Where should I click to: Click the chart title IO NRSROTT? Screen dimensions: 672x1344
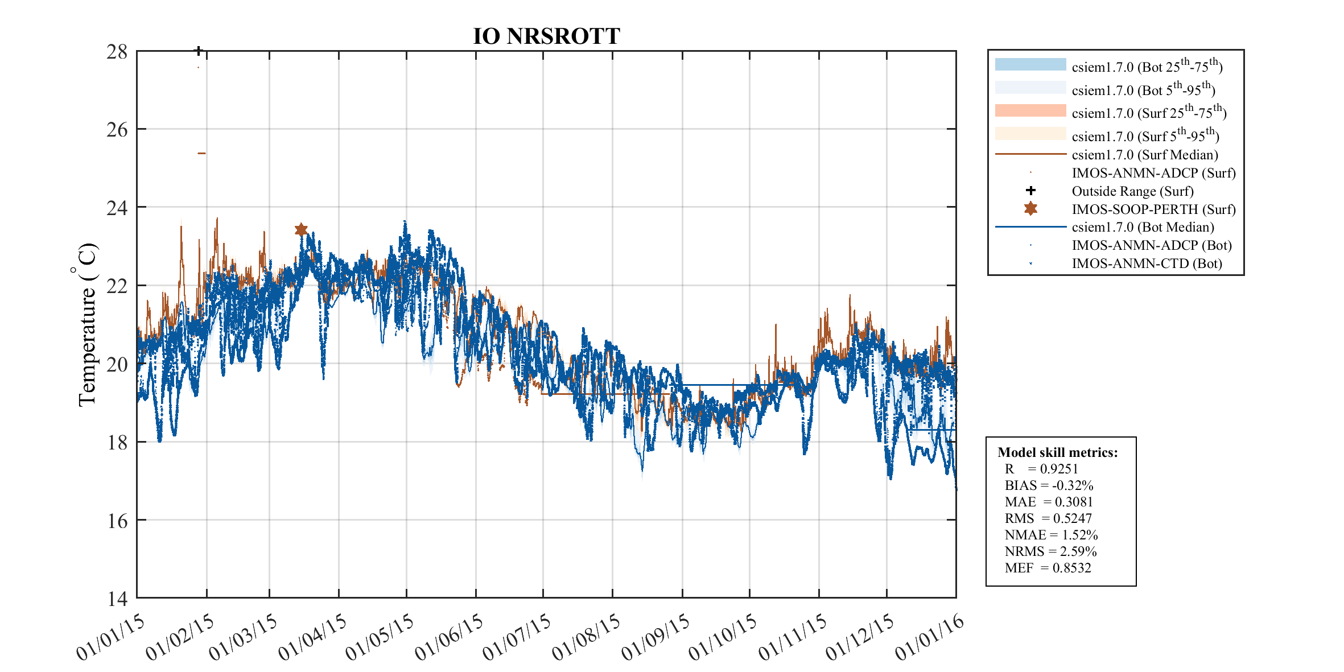pyautogui.click(x=546, y=36)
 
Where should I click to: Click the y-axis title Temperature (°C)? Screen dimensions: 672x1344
pyautogui.click(x=86, y=324)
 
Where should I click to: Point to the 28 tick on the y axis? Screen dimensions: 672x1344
pyautogui.click(x=117, y=52)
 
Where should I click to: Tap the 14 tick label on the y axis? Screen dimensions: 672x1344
pyautogui.click(x=117, y=599)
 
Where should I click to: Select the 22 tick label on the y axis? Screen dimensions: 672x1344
pyautogui.click(x=117, y=286)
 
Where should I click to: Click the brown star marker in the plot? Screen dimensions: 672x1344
pyautogui.click(x=301, y=229)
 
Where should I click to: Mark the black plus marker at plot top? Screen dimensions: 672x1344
pyautogui.click(x=199, y=51)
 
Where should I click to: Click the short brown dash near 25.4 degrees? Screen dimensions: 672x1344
pyautogui.click(x=201, y=153)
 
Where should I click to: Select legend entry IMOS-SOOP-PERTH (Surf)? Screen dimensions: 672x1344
pyautogui.click(x=1153, y=209)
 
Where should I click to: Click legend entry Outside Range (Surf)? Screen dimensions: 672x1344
pyautogui.click(x=1132, y=191)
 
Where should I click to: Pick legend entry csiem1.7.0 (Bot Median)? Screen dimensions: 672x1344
pyautogui.click(x=1143, y=227)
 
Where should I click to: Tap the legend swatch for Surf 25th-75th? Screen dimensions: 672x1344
pyautogui.click(x=1030, y=110)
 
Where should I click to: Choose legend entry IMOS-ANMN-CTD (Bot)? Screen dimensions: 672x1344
pyautogui.click(x=1147, y=263)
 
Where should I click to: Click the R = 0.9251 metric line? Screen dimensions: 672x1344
pyautogui.click(x=1041, y=469)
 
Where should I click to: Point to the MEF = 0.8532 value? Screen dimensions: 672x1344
pyautogui.click(x=1048, y=568)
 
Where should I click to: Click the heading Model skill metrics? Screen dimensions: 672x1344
pyautogui.click(x=1057, y=452)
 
